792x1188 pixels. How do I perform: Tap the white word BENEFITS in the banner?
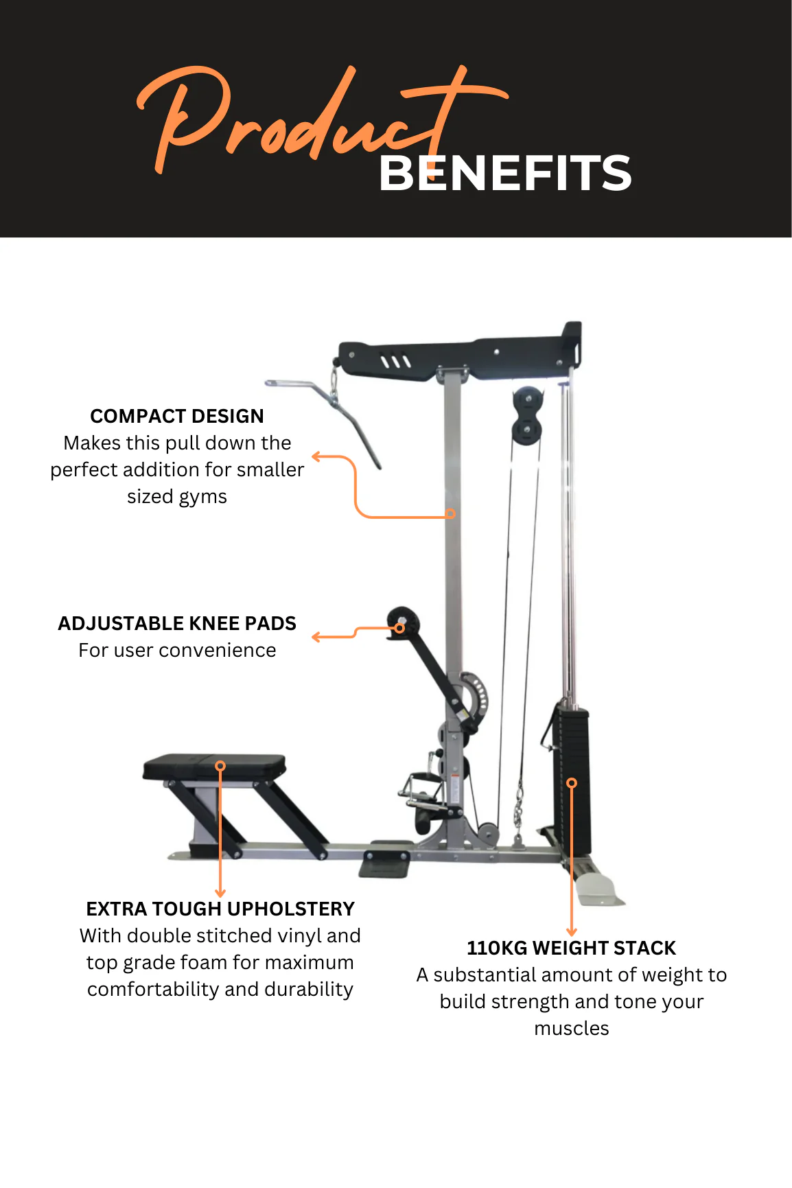click(x=505, y=173)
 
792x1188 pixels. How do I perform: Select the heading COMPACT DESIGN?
click(x=177, y=416)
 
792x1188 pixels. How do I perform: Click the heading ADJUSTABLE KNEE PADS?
click(x=177, y=623)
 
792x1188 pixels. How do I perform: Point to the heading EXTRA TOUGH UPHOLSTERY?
click(x=220, y=909)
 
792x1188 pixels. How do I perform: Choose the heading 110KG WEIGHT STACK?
click(x=572, y=948)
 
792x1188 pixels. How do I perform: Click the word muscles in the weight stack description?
click(x=572, y=1028)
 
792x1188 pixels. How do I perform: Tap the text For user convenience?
click(x=177, y=650)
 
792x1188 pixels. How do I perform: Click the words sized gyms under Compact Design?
click(x=177, y=497)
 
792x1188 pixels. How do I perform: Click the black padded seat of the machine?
click(x=214, y=767)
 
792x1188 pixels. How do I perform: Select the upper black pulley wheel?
click(x=527, y=399)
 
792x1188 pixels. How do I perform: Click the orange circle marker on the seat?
click(x=220, y=765)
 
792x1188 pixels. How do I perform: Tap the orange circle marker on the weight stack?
click(x=572, y=783)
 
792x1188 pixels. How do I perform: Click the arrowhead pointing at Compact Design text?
click(x=316, y=456)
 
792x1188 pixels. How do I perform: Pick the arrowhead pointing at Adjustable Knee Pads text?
click(x=316, y=638)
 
